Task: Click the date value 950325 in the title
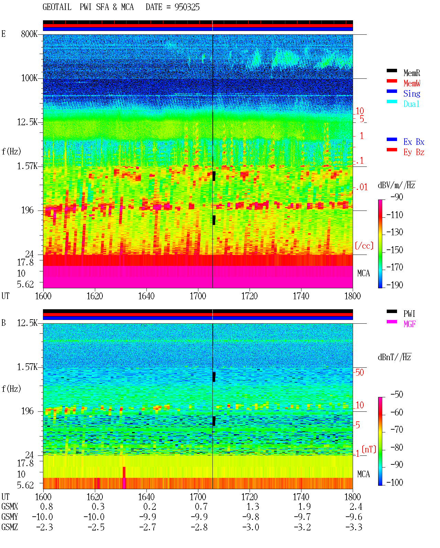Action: pyautogui.click(x=187, y=7)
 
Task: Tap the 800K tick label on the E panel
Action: pyautogui.click(x=29, y=34)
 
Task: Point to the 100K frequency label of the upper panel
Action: pyautogui.click(x=29, y=78)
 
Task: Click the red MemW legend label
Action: pyautogui.click(x=411, y=83)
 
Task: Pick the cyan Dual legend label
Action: pyautogui.click(x=411, y=104)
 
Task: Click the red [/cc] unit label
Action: pyautogui.click(x=364, y=246)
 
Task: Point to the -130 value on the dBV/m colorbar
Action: pyautogui.click(x=395, y=232)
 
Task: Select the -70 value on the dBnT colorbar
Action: pyautogui.click(x=397, y=430)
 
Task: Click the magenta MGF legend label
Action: pyautogui.click(x=409, y=324)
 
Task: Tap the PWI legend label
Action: pyautogui.click(x=409, y=314)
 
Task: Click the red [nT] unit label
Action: pyautogui.click(x=369, y=449)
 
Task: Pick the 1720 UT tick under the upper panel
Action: pyautogui.click(x=250, y=296)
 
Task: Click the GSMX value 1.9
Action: pyautogui.click(x=304, y=507)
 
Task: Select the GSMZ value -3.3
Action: pyautogui.click(x=354, y=527)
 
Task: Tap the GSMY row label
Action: pyautogui.click(x=10, y=517)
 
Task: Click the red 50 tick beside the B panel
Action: pyautogui.click(x=360, y=373)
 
